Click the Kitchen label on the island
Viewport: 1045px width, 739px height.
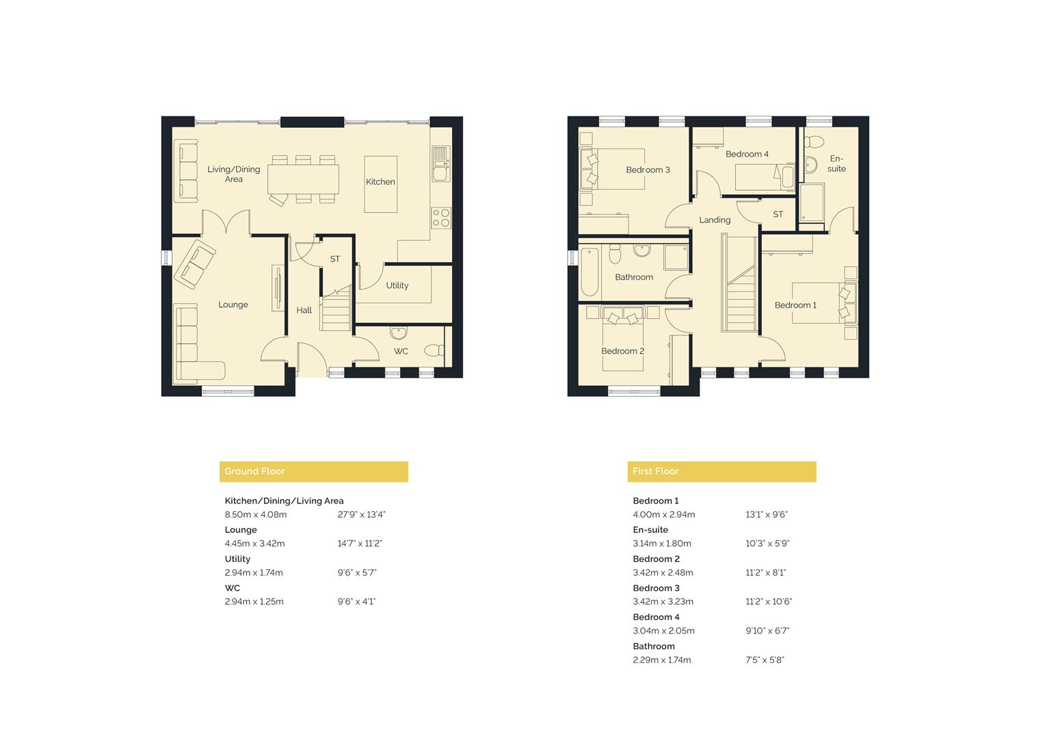point(380,182)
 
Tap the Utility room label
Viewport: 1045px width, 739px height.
point(397,285)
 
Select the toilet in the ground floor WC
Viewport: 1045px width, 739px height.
point(434,351)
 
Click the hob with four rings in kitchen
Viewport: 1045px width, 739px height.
point(441,218)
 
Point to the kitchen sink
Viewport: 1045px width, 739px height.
point(440,164)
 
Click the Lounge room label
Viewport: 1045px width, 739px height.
point(233,304)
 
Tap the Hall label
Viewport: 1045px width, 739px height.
point(304,310)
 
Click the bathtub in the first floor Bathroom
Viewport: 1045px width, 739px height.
point(589,272)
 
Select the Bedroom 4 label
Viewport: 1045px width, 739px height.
point(747,154)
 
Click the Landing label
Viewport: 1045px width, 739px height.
point(715,220)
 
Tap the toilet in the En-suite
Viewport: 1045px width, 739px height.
point(814,142)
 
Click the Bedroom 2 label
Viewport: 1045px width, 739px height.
point(622,351)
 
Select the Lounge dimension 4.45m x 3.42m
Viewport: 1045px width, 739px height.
point(254,543)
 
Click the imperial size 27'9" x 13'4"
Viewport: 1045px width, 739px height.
point(361,515)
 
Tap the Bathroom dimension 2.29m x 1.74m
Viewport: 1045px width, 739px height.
point(661,660)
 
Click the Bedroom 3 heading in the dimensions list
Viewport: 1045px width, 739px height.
point(656,588)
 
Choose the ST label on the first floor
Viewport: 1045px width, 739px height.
point(778,214)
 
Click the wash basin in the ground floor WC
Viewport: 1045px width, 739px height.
point(399,333)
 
